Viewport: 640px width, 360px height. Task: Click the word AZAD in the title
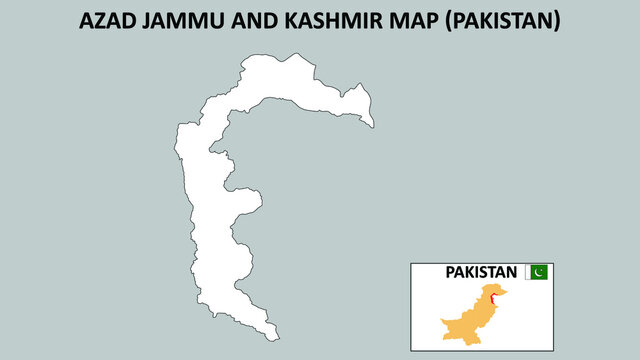click(x=109, y=21)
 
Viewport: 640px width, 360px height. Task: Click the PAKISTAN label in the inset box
click(x=481, y=272)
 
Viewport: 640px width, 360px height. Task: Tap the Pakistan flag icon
click(x=538, y=272)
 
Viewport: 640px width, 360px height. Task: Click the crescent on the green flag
click(x=541, y=272)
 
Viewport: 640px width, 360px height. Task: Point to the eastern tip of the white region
click(x=373, y=125)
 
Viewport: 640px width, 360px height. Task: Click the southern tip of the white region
click(x=275, y=339)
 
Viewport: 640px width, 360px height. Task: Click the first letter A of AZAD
click(x=86, y=21)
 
